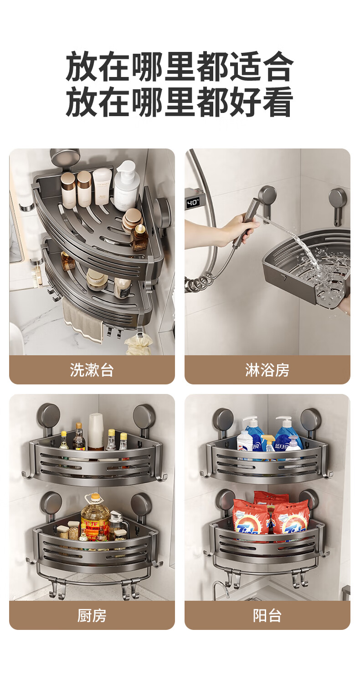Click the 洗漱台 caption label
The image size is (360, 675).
click(x=92, y=370)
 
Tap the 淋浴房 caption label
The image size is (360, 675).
click(x=267, y=370)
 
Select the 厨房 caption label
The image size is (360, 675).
click(x=92, y=615)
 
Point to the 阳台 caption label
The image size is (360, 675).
click(x=267, y=615)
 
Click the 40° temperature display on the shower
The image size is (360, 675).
click(x=193, y=202)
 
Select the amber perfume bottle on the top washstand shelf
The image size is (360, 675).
click(x=139, y=238)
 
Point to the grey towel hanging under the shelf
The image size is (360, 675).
click(x=82, y=319)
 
